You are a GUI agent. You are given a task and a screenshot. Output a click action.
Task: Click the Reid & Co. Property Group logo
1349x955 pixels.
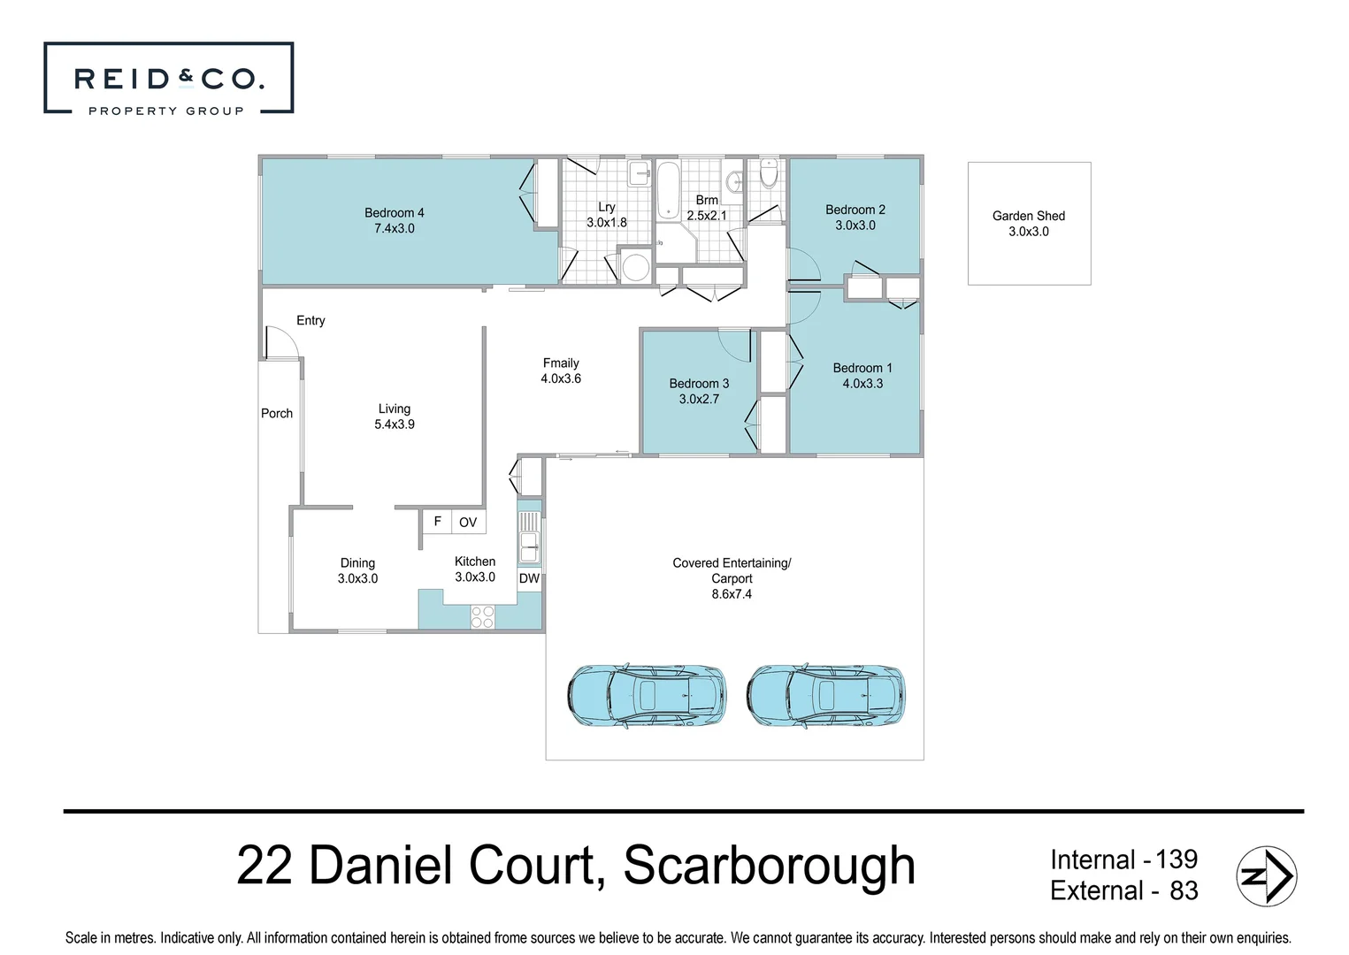click(168, 79)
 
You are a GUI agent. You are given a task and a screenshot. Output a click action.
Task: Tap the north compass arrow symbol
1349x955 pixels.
click(1266, 875)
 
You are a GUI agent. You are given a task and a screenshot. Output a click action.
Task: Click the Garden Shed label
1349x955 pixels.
click(1028, 216)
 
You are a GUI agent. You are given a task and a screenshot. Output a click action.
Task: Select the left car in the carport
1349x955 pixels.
click(646, 696)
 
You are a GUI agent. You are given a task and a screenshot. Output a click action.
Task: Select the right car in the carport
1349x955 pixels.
click(825, 696)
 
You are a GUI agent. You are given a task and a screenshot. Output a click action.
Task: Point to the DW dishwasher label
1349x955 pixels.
click(529, 579)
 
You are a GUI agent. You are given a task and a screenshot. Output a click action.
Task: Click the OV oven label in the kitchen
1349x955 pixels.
click(468, 523)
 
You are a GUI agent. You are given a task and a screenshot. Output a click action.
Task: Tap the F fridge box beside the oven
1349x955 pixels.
click(437, 522)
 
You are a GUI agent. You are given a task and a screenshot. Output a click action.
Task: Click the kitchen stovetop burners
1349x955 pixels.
click(482, 616)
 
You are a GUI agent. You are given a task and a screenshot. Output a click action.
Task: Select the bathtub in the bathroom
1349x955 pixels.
click(667, 189)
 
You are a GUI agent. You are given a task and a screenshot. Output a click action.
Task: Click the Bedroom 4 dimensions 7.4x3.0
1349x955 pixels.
click(394, 228)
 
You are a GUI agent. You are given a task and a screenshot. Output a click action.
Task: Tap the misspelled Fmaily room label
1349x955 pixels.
click(561, 363)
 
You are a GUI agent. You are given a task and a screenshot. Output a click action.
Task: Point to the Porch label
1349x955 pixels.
click(277, 413)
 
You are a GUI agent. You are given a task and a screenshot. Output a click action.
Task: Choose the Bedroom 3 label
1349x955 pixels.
click(699, 383)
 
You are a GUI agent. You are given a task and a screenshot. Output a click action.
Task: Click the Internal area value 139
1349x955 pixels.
click(1176, 859)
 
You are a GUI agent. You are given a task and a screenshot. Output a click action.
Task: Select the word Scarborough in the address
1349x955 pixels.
click(769, 865)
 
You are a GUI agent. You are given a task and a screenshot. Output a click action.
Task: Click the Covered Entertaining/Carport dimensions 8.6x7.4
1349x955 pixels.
click(732, 594)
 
